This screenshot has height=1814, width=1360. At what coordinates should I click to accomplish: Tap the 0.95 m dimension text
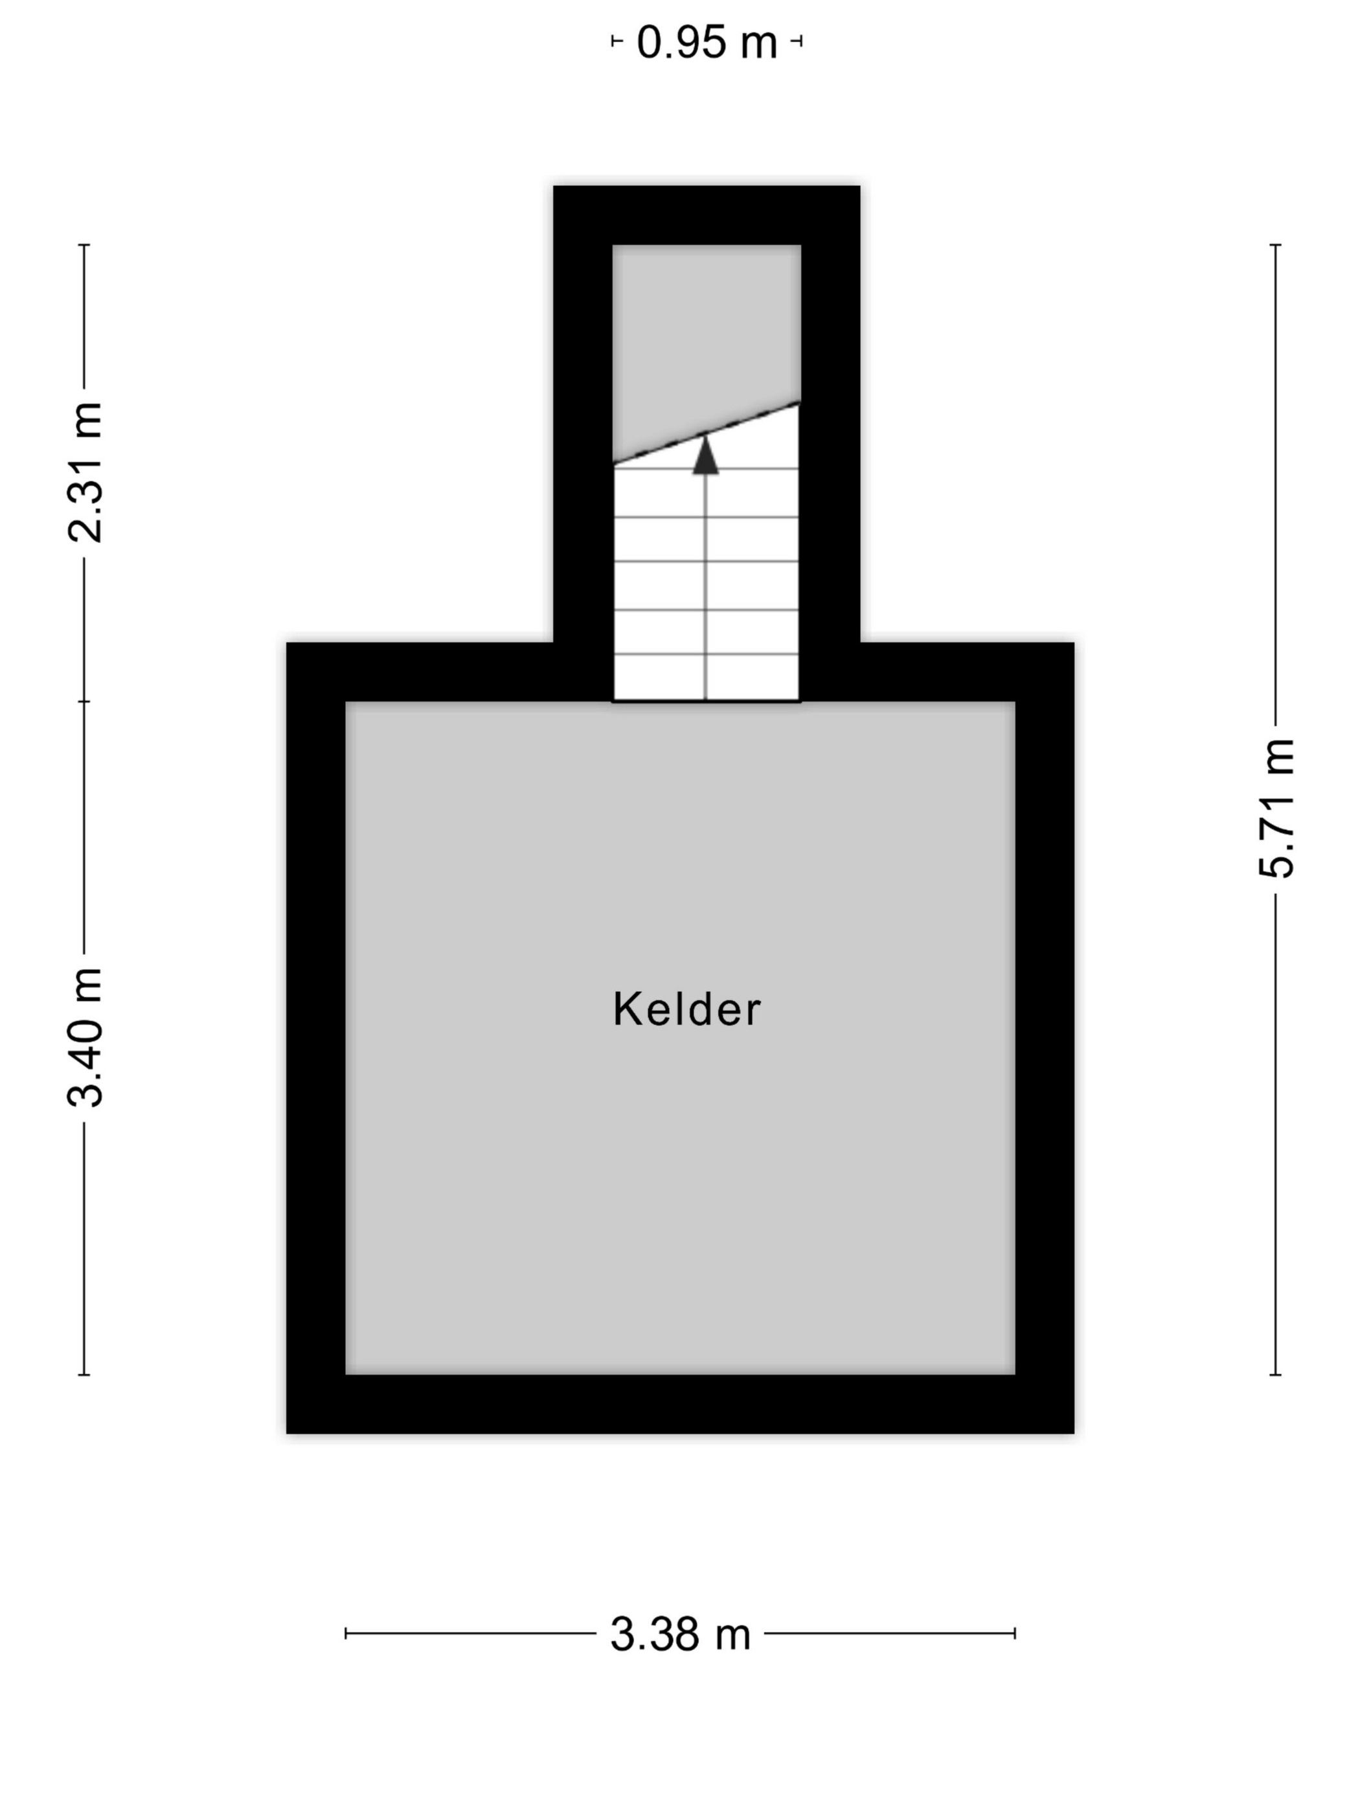coord(707,42)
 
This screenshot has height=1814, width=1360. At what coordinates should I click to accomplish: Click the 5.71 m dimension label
coord(1276,809)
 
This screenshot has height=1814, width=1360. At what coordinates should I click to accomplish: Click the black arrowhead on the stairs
coord(705,455)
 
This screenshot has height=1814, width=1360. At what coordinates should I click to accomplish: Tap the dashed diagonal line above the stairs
coord(707,432)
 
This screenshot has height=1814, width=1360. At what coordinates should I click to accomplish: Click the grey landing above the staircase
coord(707,336)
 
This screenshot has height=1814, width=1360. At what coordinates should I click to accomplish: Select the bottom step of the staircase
coord(707,678)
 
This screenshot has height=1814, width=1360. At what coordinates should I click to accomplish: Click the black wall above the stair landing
coord(707,215)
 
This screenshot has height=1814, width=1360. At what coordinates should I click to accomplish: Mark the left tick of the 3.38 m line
coord(346,1634)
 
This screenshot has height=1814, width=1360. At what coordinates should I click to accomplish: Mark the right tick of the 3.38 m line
coord(1015,1634)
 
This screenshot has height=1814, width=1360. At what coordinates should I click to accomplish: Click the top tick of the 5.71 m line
coord(1276,244)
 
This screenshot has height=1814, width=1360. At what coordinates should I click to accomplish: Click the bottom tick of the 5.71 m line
coord(1276,1375)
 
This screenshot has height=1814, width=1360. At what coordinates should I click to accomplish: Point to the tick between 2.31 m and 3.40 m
coord(84,701)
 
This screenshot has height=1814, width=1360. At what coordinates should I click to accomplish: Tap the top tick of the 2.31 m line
coord(84,244)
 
